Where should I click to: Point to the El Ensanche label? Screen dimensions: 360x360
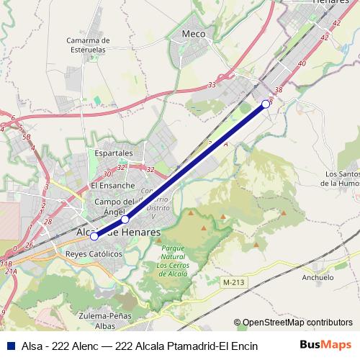[112, 185]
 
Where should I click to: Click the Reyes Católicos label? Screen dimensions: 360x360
[94, 254]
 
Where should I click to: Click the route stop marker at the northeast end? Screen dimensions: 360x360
[265, 104]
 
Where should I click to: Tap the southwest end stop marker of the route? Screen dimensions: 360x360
[94, 236]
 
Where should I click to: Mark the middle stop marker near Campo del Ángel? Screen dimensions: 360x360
[125, 219]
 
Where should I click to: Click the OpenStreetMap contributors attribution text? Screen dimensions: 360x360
[297, 322]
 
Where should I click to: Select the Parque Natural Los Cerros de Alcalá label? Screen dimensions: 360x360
[173, 261]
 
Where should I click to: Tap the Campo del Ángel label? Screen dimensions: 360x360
[115, 207]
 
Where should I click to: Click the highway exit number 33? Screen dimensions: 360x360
[212, 85]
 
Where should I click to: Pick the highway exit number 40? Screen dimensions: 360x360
[302, 64]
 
